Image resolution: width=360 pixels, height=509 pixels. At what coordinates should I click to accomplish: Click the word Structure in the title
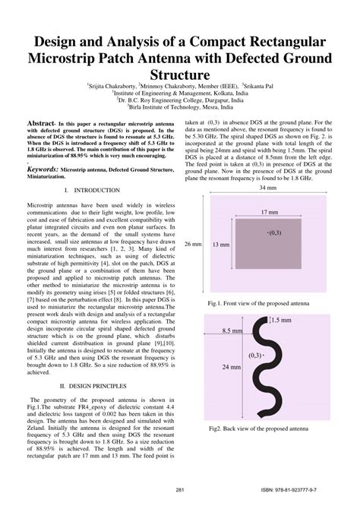click(x=180, y=74)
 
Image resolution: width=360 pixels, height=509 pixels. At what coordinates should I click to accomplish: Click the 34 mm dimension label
click(x=267, y=188)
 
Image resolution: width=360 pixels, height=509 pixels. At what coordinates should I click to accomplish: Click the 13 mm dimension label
click(x=221, y=245)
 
